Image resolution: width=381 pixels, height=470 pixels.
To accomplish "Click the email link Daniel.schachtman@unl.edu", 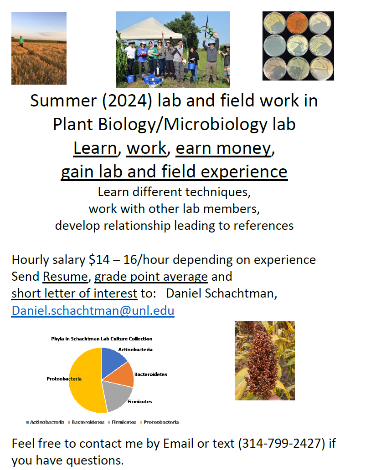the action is coord(93,311).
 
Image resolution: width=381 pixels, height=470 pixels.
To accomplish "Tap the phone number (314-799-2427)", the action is coord(282,443).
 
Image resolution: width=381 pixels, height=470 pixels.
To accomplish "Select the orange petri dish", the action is coord(297,23).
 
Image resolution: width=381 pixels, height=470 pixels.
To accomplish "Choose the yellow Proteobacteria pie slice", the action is coord(86,380).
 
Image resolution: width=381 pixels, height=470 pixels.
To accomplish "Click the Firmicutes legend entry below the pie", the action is coord(122,422).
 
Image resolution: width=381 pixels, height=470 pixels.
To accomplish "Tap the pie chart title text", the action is coord(102,339).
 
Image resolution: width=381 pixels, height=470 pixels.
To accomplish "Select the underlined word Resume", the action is coord(65,276).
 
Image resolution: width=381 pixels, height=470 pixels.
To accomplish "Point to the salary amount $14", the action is coord(99,260).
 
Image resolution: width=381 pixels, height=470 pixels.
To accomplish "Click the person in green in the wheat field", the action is coord(21,41).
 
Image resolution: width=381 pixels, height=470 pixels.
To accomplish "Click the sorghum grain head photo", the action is coord(264,360).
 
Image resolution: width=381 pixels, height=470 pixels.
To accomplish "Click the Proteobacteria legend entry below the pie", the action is coord(159,422).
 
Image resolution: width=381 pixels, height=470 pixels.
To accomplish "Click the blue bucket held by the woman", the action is coord(191,66).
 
